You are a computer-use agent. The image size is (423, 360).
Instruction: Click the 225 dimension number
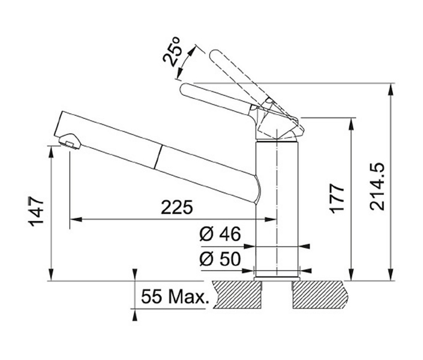click(x=177, y=207)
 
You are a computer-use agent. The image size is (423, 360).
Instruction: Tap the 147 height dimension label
click(x=36, y=211)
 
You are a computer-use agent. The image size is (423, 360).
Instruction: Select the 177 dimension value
click(x=337, y=199)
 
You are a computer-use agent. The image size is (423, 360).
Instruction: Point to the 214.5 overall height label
click(x=377, y=187)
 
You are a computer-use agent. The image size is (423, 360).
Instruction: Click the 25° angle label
click(x=172, y=51)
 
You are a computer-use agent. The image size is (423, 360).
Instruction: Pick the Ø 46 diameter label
click(x=220, y=234)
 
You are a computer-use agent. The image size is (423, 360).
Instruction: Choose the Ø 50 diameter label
click(x=220, y=259)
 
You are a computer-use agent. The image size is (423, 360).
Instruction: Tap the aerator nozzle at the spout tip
click(x=70, y=142)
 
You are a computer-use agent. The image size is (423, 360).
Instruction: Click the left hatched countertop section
click(x=238, y=295)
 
